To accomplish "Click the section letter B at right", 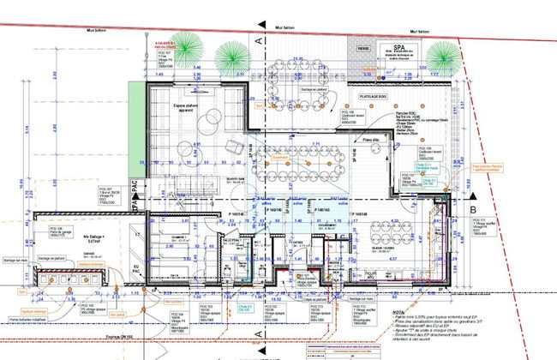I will point(472,207).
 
